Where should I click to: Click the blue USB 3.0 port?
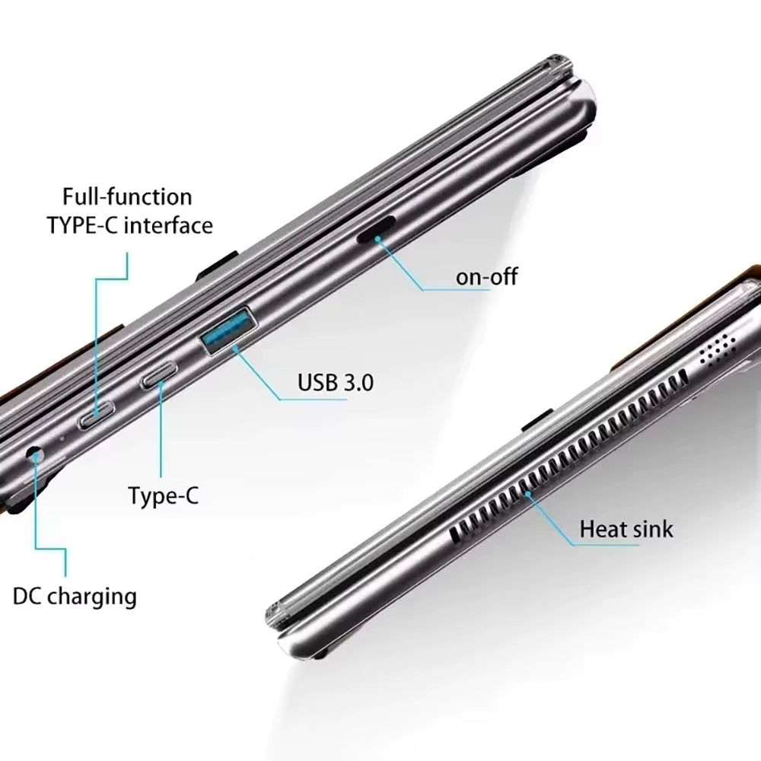[x=229, y=330]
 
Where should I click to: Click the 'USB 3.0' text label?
[x=336, y=382]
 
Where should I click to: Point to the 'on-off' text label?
[x=486, y=277]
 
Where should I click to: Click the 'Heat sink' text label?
[x=626, y=528]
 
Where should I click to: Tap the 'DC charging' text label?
[x=75, y=597]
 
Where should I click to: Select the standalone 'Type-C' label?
[x=163, y=495]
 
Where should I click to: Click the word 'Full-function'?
[x=127, y=197]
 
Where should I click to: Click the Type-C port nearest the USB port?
[x=159, y=375]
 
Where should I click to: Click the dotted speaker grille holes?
[x=717, y=349]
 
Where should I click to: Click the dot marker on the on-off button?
[x=376, y=237]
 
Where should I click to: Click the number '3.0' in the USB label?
[x=358, y=382]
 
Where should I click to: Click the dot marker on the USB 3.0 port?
[x=235, y=347]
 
